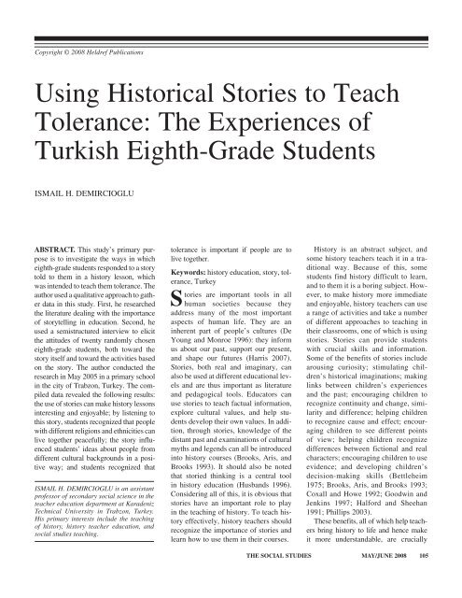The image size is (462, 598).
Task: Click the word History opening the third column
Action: coord(333,251)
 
